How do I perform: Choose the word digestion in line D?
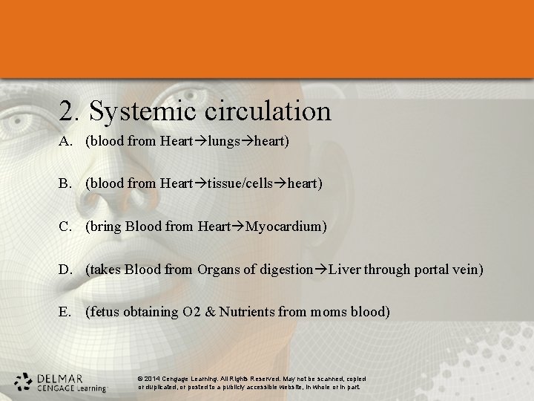(x=286, y=269)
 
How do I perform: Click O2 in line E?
(x=191, y=312)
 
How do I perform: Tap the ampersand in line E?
(x=210, y=312)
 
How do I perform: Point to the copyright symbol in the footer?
(x=141, y=379)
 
